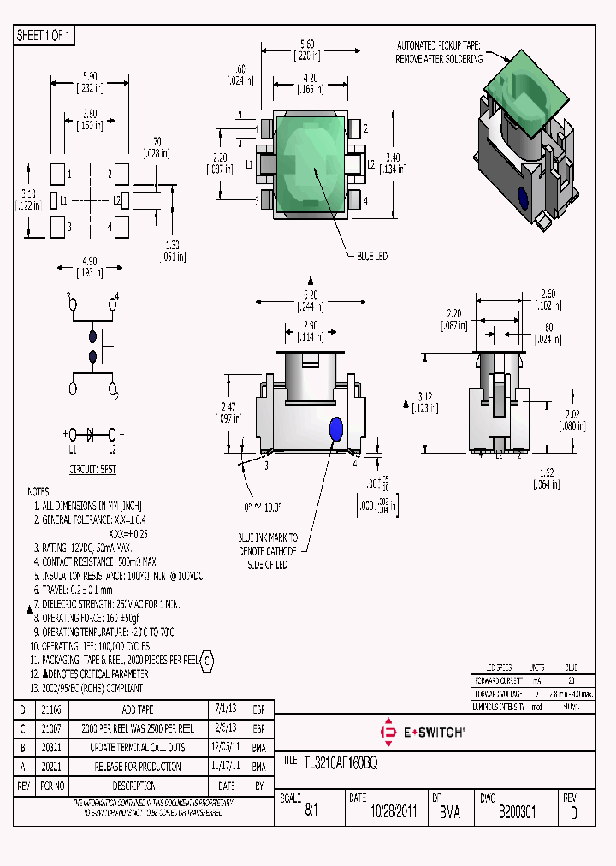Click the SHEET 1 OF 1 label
(x=44, y=36)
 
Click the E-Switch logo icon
(x=388, y=733)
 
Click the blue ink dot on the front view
(x=335, y=428)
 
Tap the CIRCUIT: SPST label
(x=92, y=471)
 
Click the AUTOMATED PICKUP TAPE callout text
(x=440, y=52)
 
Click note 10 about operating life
(x=92, y=646)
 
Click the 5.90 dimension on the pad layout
(x=90, y=77)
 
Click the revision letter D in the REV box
(x=572, y=813)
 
